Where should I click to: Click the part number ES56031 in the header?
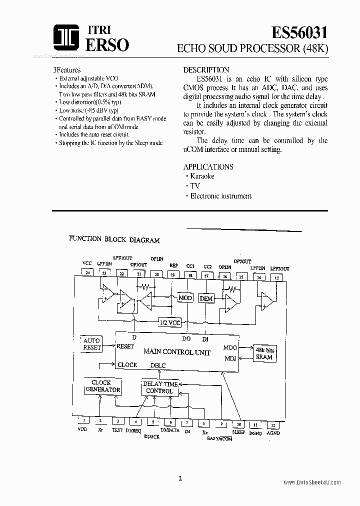pos(299,33)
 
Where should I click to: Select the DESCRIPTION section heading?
pos(206,70)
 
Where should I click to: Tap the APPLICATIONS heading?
pos(208,166)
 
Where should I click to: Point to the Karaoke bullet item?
pos(202,176)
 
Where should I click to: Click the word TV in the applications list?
pos(195,186)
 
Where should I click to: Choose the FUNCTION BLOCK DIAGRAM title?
pos(114,239)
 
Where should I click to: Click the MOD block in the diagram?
pos(185,298)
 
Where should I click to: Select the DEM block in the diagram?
pos(206,298)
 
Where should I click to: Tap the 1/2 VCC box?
pos(170,323)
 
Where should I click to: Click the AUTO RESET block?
pos(91,344)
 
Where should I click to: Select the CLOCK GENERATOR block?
pos(102,386)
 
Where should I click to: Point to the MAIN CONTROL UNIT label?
pos(170,352)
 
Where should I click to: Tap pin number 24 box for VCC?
pos(87,273)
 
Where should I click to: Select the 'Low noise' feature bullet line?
pos(88,110)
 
